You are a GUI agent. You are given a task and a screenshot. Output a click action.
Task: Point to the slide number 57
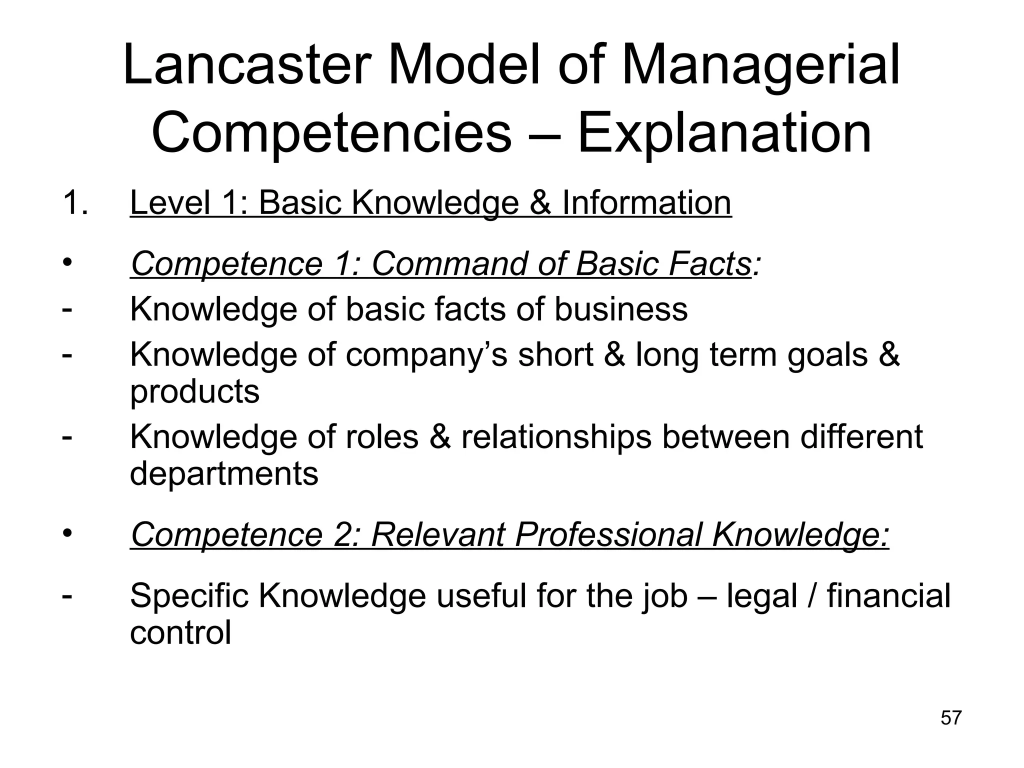tap(951, 717)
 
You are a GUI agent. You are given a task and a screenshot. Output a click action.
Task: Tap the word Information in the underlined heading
tap(646, 203)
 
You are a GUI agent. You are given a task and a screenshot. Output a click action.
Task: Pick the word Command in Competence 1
tap(448, 263)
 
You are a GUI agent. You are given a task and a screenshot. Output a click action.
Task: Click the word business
tap(620, 309)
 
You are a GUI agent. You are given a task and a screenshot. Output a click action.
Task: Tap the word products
tap(195, 391)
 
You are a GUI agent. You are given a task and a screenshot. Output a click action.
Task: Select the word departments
tap(224, 473)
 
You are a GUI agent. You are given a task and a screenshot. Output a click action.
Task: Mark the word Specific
tap(189, 596)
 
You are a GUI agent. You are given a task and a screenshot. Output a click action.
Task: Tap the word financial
tap(888, 596)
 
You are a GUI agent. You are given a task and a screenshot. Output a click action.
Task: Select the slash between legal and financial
tap(811, 596)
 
